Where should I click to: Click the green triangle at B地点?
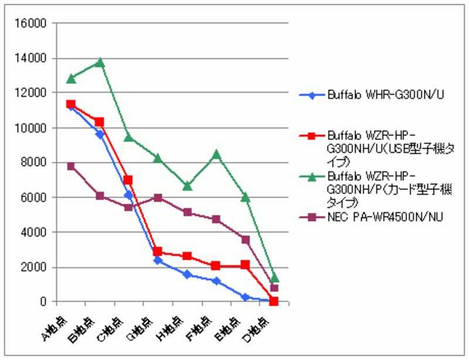(100, 62)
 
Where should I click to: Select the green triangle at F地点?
(216, 154)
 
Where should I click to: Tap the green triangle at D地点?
(274, 277)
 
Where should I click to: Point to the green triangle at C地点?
(128, 138)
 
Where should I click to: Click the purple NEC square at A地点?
(71, 167)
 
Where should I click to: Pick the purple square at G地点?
(158, 198)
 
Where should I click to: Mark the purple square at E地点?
(246, 240)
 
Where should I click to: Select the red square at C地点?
(128, 180)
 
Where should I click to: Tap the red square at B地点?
(100, 122)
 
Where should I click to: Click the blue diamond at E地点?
(246, 297)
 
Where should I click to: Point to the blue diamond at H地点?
(187, 274)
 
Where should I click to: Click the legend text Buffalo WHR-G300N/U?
(385, 94)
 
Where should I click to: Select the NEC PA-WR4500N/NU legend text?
(385, 218)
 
